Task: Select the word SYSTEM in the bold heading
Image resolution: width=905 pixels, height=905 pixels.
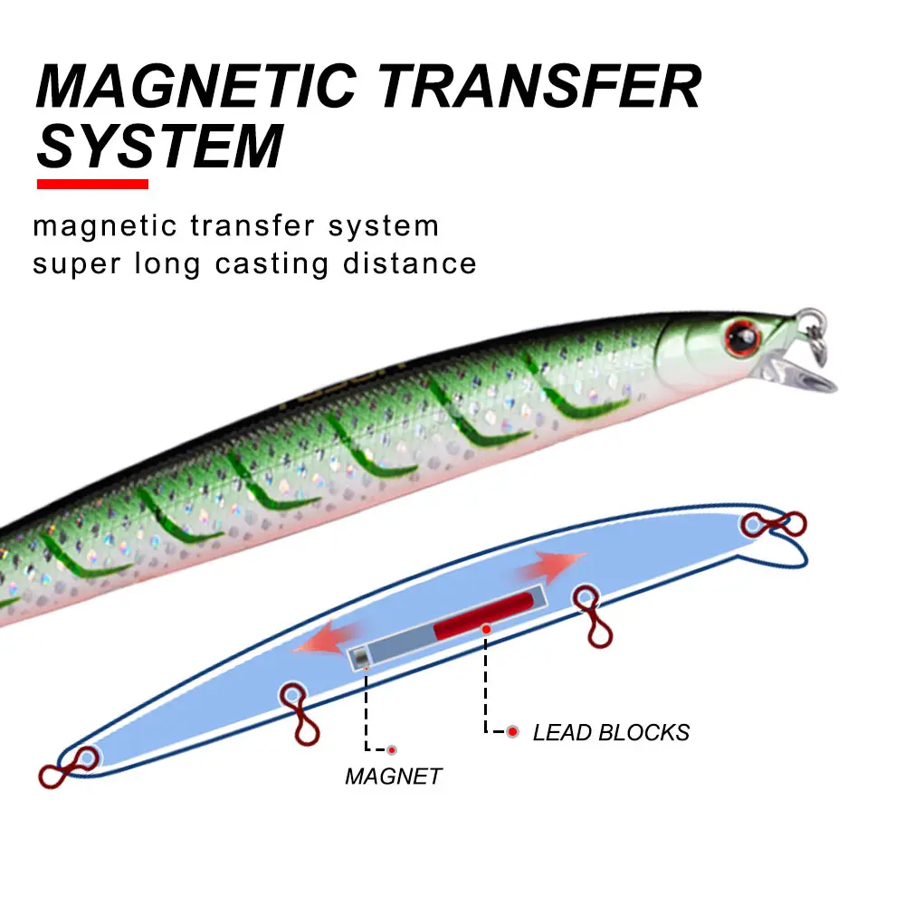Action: point(160,147)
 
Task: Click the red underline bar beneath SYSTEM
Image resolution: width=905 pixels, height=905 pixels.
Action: point(92,184)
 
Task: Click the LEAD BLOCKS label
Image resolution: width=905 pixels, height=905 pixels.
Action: point(611,732)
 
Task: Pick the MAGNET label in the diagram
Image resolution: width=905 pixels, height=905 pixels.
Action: point(394,776)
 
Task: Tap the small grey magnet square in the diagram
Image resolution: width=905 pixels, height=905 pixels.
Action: point(361,657)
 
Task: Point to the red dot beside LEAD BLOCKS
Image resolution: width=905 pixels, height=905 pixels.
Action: point(513,731)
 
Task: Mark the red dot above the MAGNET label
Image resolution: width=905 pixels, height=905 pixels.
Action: point(393,749)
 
